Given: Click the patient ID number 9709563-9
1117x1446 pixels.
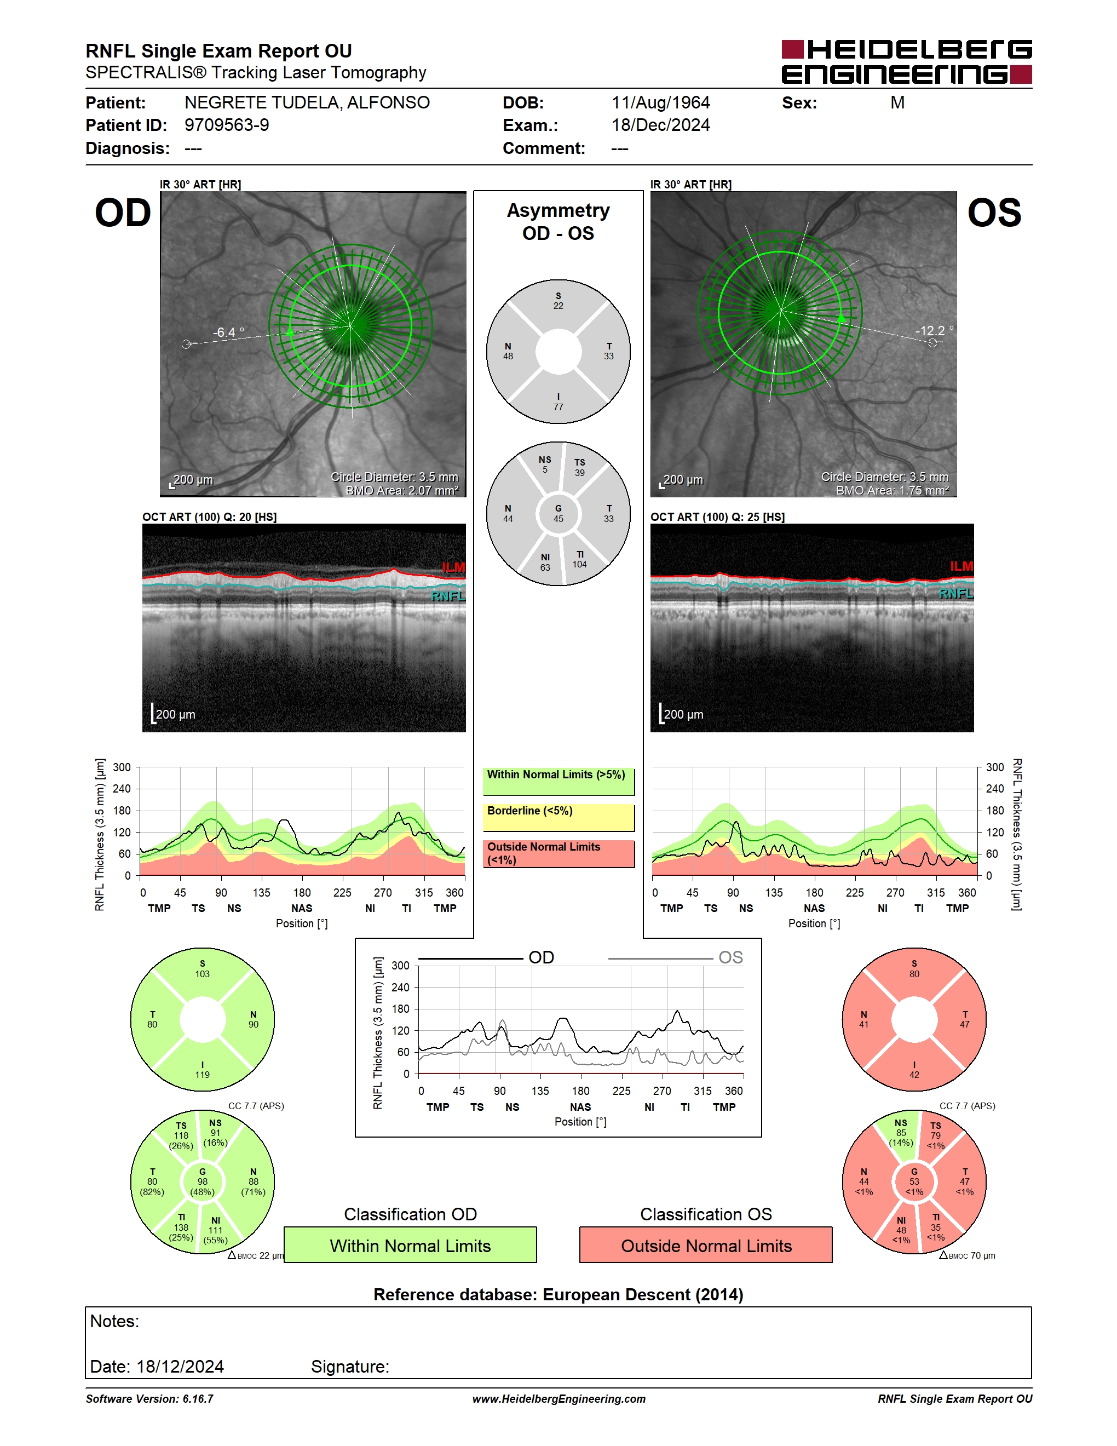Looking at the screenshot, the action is (x=226, y=125).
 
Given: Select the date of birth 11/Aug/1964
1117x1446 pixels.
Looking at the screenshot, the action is (x=660, y=102).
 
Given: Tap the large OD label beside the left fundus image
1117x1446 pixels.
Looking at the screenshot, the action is (x=123, y=213).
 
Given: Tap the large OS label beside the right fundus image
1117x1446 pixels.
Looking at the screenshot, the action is (x=994, y=213).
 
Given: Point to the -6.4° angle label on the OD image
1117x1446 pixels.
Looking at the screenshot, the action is (x=228, y=332).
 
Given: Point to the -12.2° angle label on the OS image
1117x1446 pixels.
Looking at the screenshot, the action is (x=934, y=330).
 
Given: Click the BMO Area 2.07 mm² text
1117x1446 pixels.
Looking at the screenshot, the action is (x=402, y=491).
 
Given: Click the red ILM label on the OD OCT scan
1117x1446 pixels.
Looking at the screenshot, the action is (x=453, y=567).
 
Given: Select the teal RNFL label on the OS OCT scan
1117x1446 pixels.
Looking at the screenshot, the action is (x=956, y=593).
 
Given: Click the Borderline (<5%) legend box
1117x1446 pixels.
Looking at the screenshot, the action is (x=558, y=817).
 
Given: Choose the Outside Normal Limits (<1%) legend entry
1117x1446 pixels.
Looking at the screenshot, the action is (x=558, y=853).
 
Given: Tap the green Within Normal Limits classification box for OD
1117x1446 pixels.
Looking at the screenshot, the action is (x=410, y=1245).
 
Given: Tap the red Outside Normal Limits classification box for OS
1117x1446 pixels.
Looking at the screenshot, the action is (x=706, y=1245).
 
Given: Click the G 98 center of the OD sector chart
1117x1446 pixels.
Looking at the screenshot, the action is (x=203, y=1182).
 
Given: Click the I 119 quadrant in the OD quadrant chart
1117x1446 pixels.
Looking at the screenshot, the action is (x=203, y=1068).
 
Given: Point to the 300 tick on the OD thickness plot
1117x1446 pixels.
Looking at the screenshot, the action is (x=122, y=767).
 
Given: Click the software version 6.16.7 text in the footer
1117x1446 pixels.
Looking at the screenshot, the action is (x=149, y=1398).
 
